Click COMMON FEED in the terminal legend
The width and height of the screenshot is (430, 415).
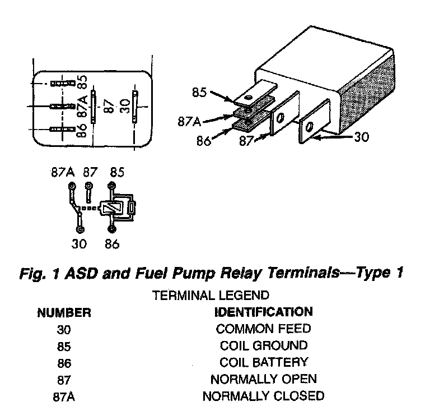click(x=263, y=329)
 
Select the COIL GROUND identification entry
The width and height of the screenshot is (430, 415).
click(x=263, y=345)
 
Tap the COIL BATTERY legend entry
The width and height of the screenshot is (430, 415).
click(x=263, y=362)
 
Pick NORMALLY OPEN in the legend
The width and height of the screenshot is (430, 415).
click(x=263, y=379)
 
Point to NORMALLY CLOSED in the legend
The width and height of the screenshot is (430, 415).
click(x=263, y=396)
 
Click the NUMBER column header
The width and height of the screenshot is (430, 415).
click(x=64, y=312)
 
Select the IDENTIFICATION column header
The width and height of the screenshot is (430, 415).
click(x=263, y=311)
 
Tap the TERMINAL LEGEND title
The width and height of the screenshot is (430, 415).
click(x=211, y=294)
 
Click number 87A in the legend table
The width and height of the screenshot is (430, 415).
click(x=64, y=396)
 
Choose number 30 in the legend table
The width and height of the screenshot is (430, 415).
click(x=64, y=329)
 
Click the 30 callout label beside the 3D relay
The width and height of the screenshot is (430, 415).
click(x=362, y=136)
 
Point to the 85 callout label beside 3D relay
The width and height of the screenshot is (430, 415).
click(x=199, y=92)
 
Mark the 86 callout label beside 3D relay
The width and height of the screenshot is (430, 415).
click(x=203, y=140)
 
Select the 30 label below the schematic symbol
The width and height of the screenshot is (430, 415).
click(x=78, y=244)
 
